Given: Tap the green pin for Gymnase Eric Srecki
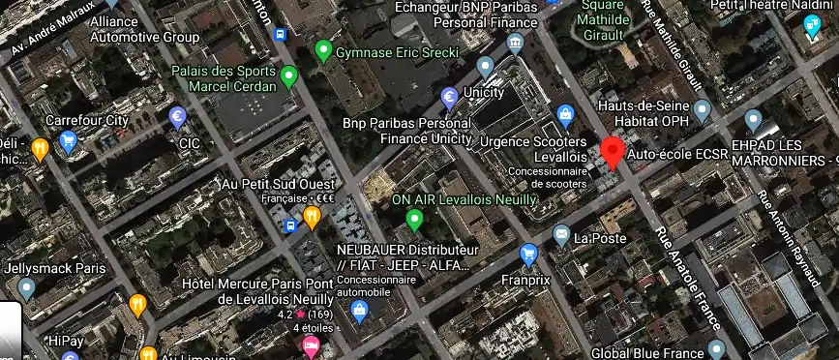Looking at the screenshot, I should (323, 50).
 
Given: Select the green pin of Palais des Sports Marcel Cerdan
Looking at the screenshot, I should (288, 75).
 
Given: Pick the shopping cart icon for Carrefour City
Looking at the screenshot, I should (68, 141).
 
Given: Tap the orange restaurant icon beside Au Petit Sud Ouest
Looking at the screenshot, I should (312, 217).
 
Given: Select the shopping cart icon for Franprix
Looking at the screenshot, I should (528, 255).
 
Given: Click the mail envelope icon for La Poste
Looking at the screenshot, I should (561, 235).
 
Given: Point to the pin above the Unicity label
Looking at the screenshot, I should (486, 67).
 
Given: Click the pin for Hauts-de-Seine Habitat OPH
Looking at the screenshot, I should (703, 108).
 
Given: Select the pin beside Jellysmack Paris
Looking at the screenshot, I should (26, 287).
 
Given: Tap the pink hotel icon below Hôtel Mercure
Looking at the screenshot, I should (312, 345).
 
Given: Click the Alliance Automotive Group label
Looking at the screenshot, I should (144, 29).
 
